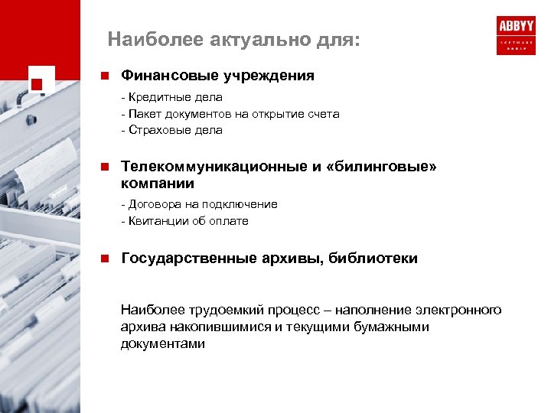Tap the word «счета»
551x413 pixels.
[x=322, y=114]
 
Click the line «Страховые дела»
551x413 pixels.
[x=172, y=130]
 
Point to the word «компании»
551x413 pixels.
[x=158, y=184]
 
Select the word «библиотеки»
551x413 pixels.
[x=373, y=259]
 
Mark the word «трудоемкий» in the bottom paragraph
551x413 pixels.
[x=212, y=310]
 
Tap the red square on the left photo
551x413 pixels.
[x=37, y=81]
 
